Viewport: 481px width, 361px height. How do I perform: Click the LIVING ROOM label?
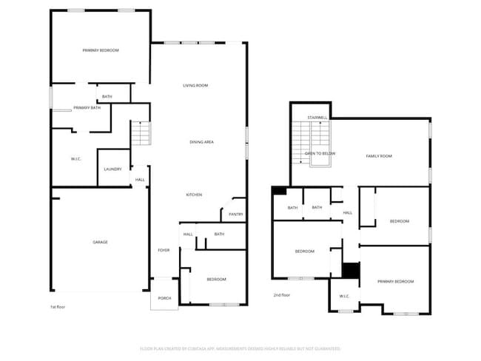point(195,86)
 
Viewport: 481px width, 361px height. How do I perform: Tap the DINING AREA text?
point(202,141)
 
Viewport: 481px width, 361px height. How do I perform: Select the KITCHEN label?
point(194,195)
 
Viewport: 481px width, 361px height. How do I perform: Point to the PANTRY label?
point(235,215)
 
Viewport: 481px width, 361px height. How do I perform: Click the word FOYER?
point(164,250)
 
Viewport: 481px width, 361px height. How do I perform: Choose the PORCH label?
point(164,298)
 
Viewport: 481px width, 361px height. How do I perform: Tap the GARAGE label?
point(100,242)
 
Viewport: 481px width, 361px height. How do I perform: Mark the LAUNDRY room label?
point(112,169)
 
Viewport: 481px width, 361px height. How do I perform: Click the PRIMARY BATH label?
point(87,108)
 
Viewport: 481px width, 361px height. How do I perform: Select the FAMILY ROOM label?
point(379,156)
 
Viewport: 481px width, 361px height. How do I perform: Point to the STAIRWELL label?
point(317,117)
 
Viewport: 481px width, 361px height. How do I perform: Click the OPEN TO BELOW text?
point(320,153)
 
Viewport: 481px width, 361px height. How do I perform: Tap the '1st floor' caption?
point(57,306)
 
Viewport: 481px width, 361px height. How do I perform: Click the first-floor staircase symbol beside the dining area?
point(141,134)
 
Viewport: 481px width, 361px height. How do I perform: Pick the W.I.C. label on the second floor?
point(344,297)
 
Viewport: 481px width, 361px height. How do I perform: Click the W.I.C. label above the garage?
point(75,159)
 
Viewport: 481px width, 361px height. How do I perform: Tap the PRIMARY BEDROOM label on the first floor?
point(100,50)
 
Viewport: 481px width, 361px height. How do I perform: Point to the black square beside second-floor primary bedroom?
point(350,270)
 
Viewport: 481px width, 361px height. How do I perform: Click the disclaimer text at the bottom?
point(240,348)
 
